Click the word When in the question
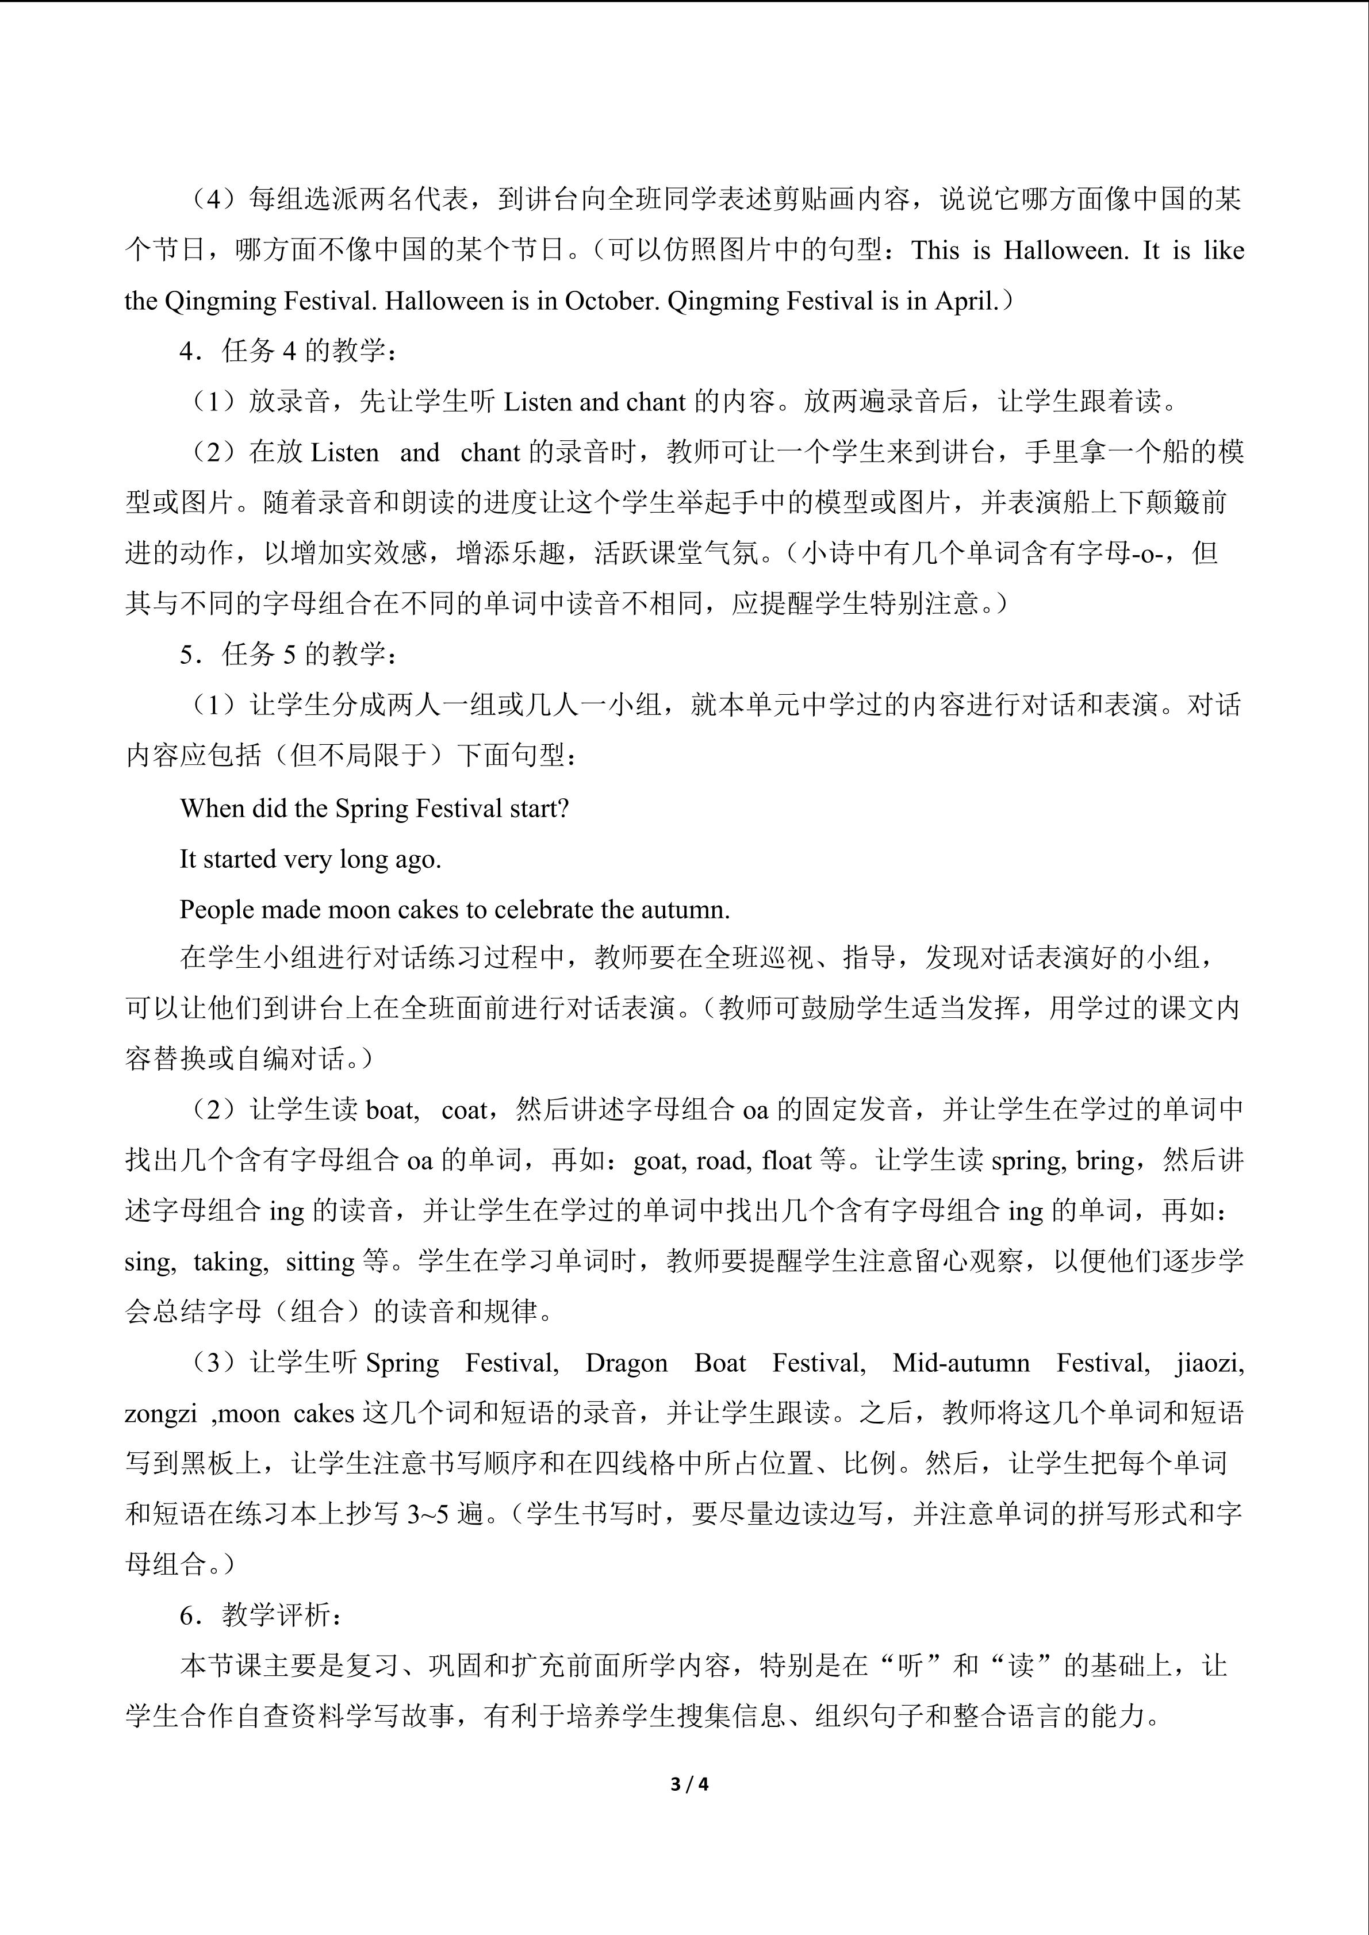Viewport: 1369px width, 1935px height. (215, 808)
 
